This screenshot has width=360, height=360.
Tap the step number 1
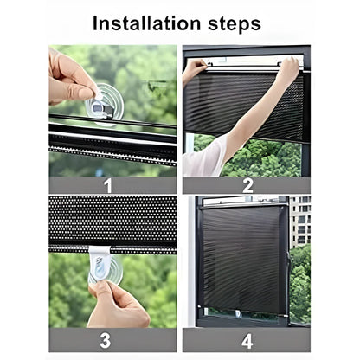107,183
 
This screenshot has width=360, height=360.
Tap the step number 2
248,183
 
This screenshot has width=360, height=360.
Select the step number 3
107,339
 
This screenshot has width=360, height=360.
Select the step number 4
248,339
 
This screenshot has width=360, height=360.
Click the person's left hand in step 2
195,67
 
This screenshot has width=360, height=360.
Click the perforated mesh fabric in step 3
112,221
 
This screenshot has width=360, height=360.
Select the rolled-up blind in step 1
112,138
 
